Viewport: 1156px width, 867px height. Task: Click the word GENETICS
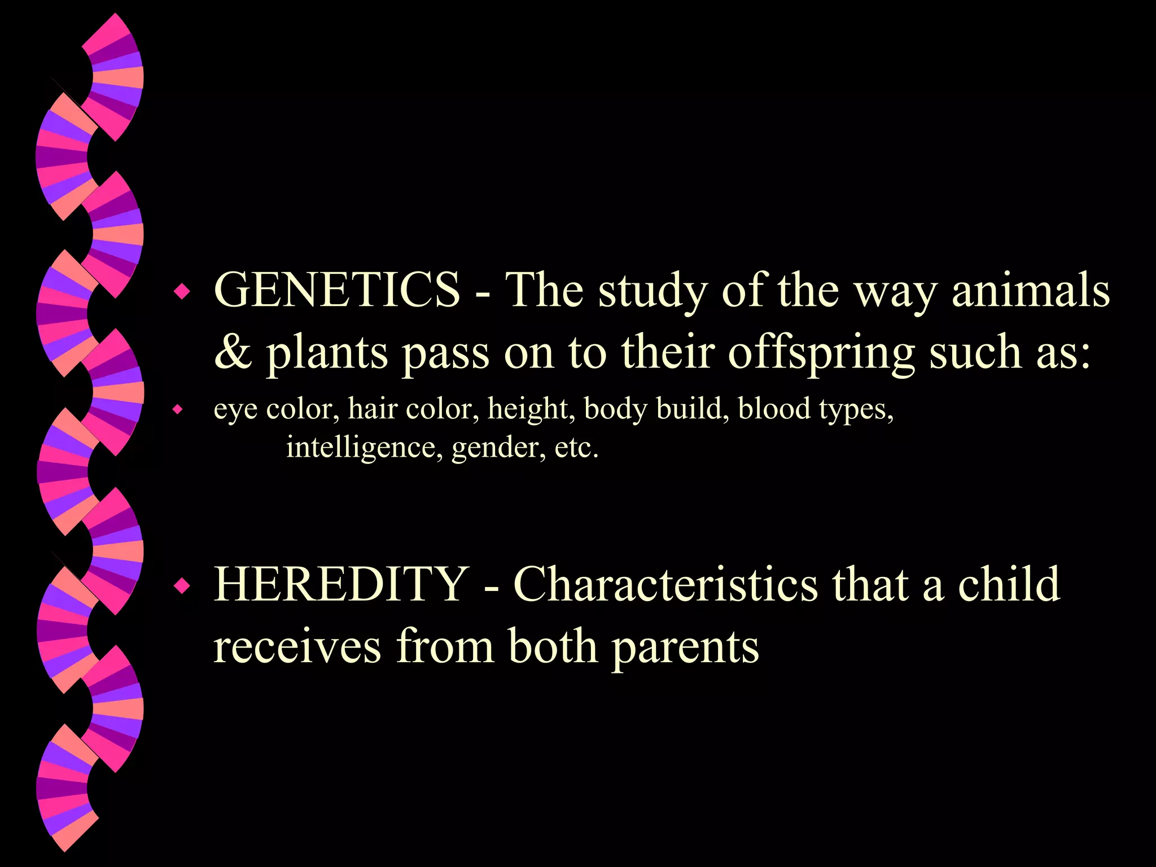tap(337, 290)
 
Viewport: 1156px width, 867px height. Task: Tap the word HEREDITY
tap(341, 584)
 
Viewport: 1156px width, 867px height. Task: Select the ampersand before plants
tap(233, 352)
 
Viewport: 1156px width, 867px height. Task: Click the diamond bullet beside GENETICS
tap(182, 292)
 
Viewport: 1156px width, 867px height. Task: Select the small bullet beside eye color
tap(178, 409)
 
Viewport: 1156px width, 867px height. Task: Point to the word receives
tap(297, 647)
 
